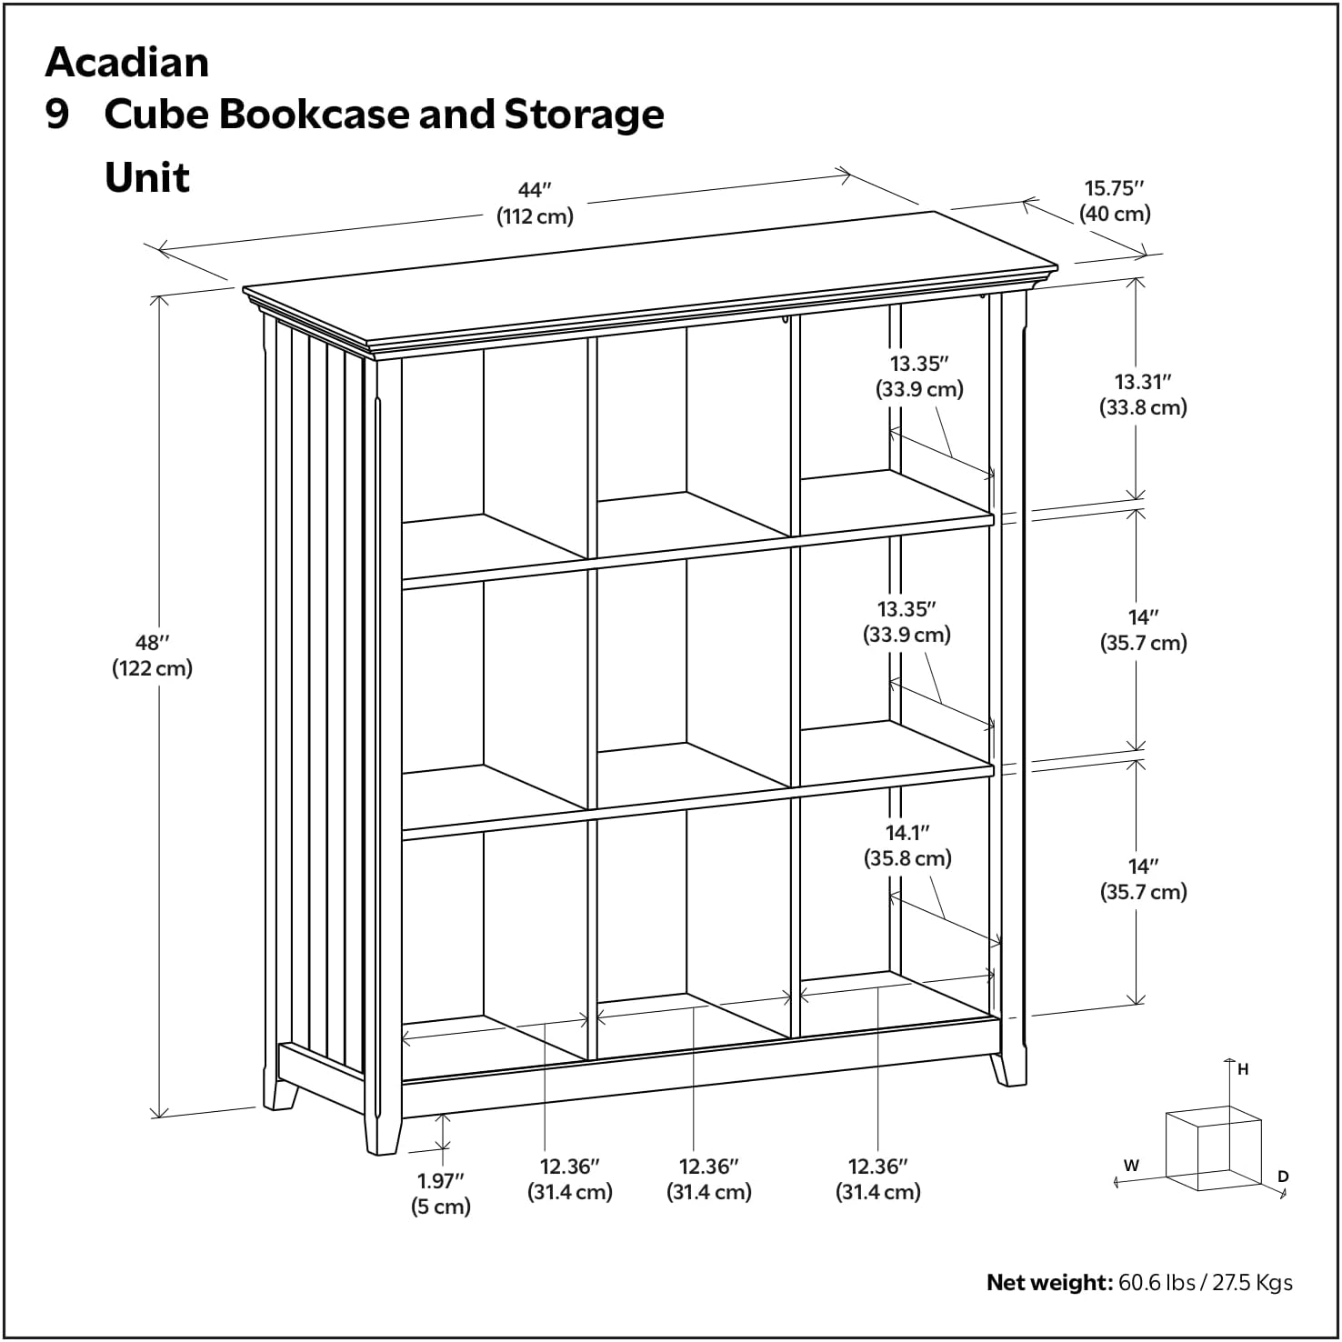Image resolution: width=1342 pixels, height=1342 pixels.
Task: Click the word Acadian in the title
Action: pos(127,62)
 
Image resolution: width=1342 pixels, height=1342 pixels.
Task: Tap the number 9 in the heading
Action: pos(57,115)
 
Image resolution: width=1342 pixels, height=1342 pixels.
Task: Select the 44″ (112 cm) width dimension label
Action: pos(535,203)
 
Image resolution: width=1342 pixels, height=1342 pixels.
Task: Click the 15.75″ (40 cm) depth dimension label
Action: pos(1115,201)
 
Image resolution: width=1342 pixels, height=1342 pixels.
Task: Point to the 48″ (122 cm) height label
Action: pos(153,656)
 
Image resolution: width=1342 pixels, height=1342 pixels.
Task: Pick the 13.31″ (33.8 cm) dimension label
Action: pos(1143,395)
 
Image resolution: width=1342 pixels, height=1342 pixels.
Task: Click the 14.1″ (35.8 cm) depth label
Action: pos(907,846)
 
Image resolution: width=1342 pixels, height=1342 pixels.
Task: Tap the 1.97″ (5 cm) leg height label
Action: pos(441,1194)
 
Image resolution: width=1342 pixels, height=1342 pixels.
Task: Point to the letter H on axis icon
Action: pos(1243,1070)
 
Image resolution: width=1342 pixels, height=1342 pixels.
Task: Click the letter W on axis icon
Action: pos(1131,1166)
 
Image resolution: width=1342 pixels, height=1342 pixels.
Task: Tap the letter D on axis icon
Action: pos(1283,1177)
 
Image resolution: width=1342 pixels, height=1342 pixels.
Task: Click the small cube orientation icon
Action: pos(1213,1148)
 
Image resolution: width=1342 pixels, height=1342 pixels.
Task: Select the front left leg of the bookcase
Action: pos(382,1127)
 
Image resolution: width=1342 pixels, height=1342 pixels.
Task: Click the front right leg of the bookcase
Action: pos(1009,1068)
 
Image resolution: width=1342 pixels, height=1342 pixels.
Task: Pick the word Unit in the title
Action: pos(147,177)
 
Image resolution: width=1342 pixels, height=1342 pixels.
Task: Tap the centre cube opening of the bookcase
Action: pos(691,673)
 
